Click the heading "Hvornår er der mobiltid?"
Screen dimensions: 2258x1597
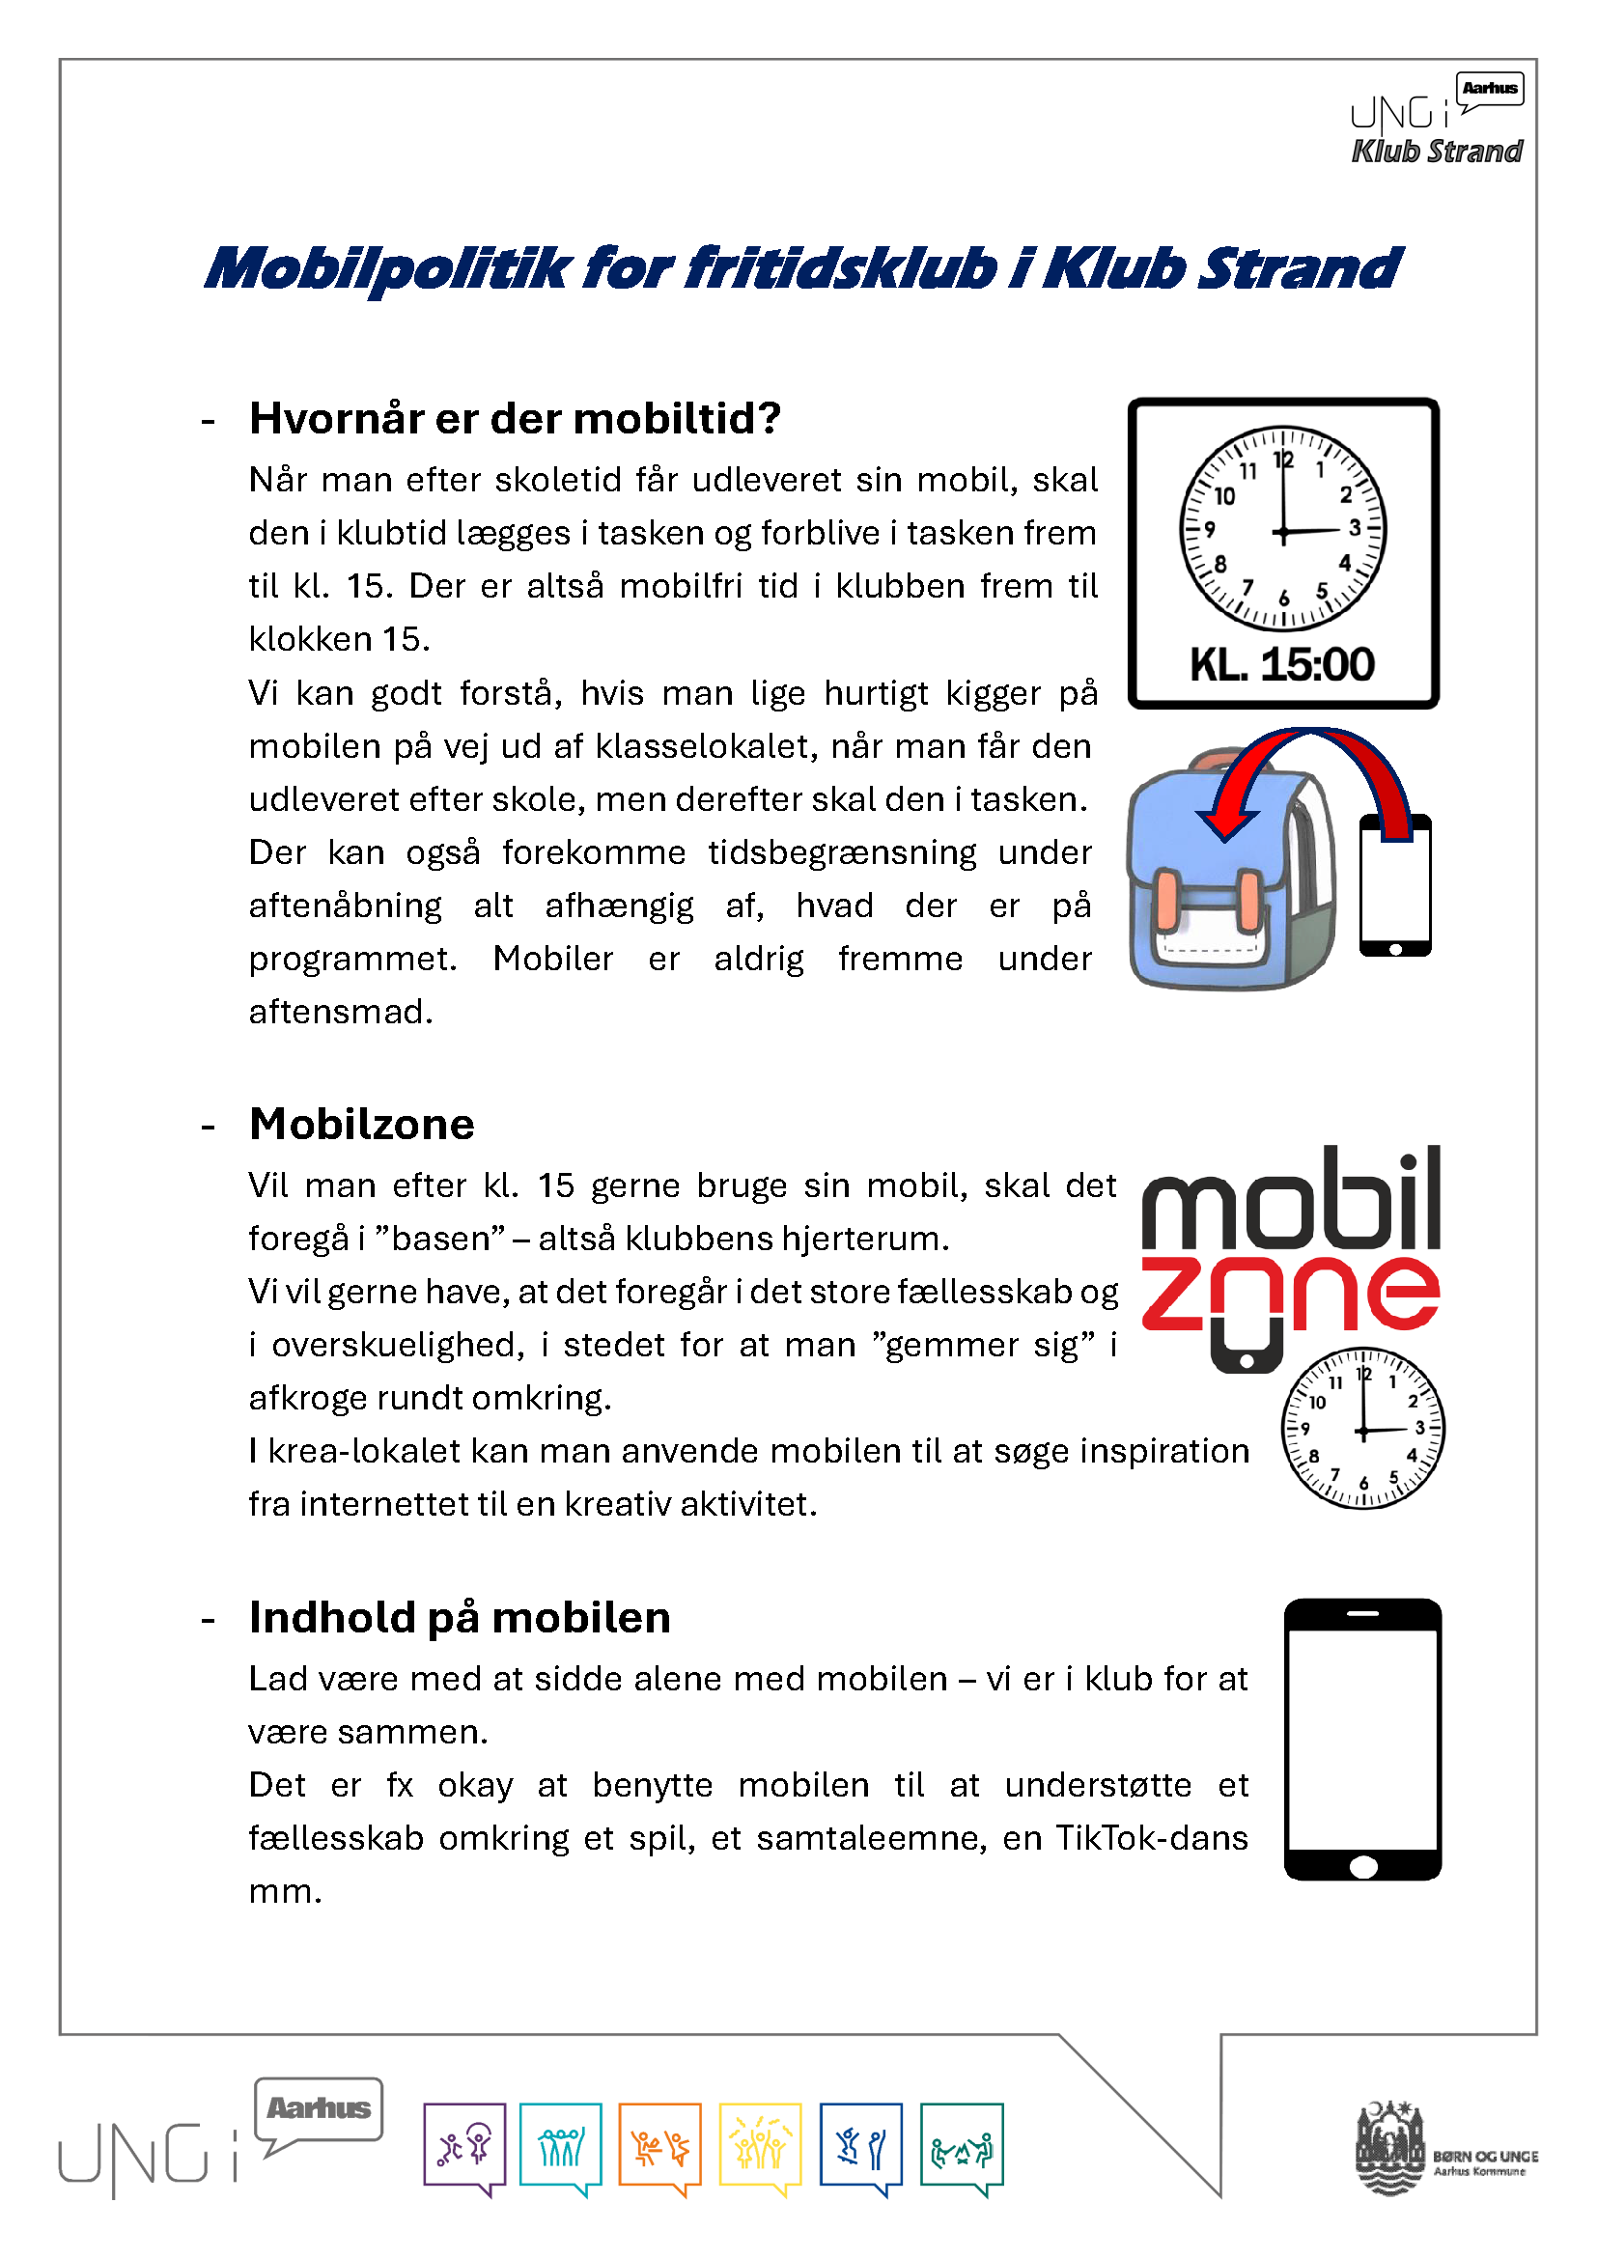pyautogui.click(x=515, y=419)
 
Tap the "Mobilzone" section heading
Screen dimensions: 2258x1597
pyautogui.click(x=362, y=1124)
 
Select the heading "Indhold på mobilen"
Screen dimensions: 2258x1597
pyautogui.click(x=460, y=1618)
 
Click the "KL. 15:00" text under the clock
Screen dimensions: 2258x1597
pyautogui.click(x=1281, y=665)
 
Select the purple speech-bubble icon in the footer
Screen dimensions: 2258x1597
pyautogui.click(x=464, y=2148)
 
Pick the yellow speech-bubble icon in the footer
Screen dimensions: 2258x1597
pyautogui.click(x=760, y=2148)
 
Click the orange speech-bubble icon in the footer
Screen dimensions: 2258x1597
pyautogui.click(x=659, y=2148)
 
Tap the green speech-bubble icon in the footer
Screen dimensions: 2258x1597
pyautogui.click(x=962, y=2148)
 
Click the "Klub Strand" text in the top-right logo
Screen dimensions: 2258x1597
pyautogui.click(x=1437, y=152)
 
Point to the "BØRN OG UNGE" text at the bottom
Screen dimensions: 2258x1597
pyautogui.click(x=1485, y=2156)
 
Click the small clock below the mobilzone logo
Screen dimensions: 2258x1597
pyautogui.click(x=1362, y=1428)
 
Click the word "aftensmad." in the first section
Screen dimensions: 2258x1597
pyautogui.click(x=340, y=1012)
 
